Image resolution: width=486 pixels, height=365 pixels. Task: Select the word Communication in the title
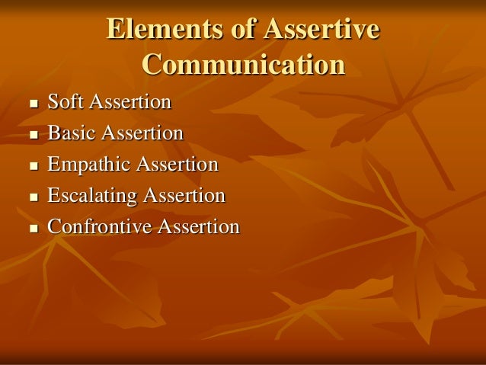point(243,65)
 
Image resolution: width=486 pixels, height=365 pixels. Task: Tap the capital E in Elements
point(115,30)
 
